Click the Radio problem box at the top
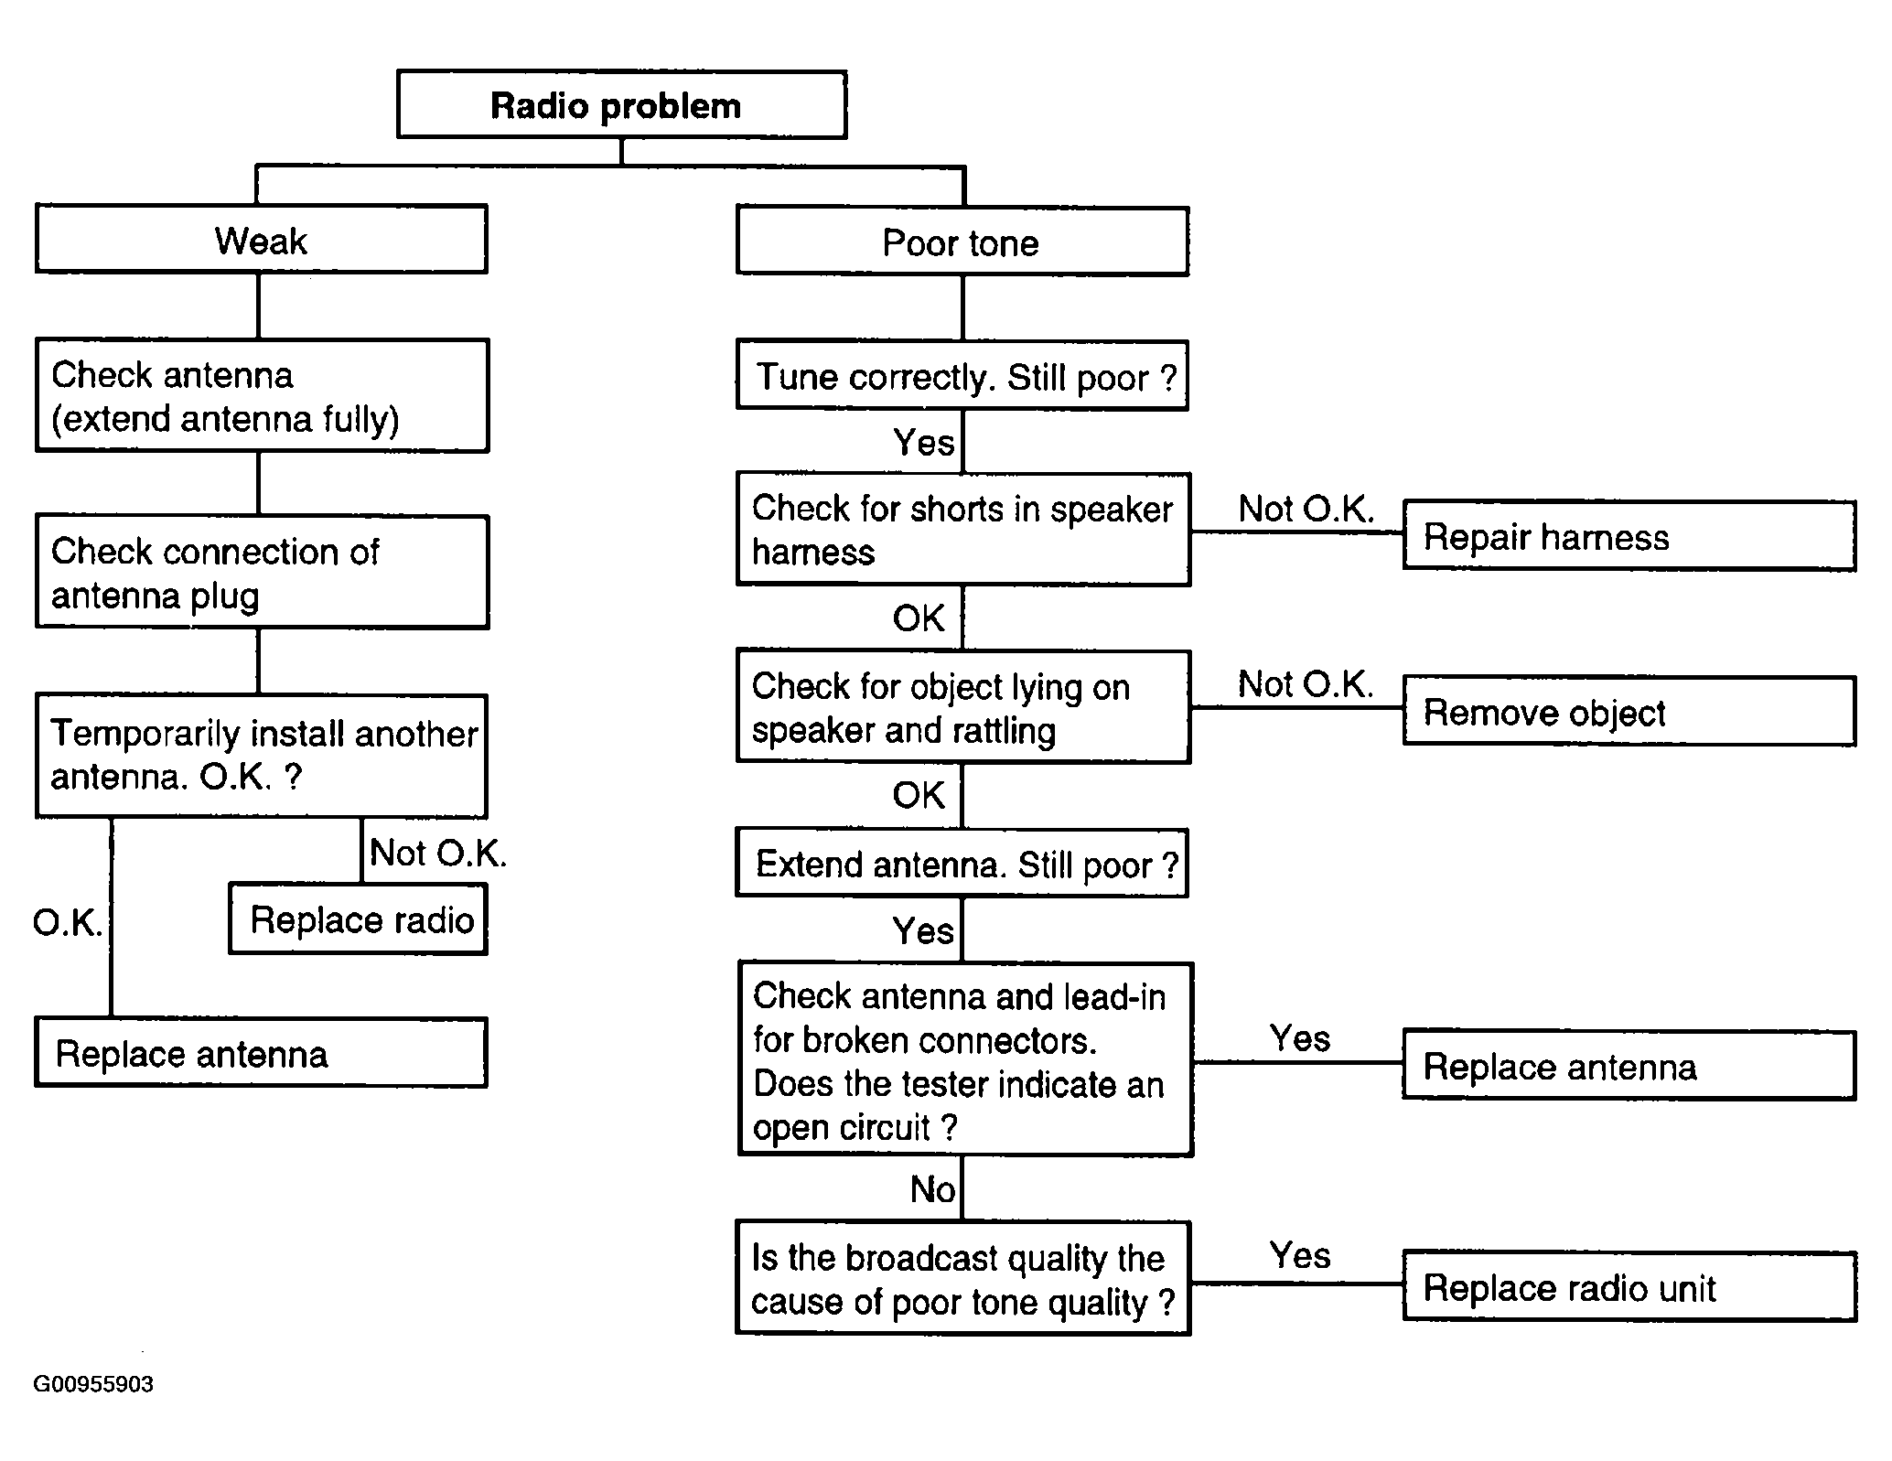click(621, 104)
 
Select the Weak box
click(261, 239)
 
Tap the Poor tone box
click(962, 242)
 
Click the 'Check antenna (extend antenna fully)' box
click(262, 395)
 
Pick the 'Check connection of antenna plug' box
click(262, 572)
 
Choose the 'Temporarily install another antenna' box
click(261, 756)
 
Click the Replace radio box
click(358, 918)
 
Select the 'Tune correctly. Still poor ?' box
click(962, 375)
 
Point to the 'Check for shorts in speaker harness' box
click(963, 529)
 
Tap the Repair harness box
click(1629, 535)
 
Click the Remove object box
click(1629, 711)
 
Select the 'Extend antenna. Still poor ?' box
click(962, 863)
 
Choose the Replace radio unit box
click(1629, 1286)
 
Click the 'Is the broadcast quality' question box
click(963, 1278)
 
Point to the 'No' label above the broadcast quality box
click(932, 1189)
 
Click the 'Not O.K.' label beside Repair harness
click(1306, 509)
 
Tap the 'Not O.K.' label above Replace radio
click(437, 853)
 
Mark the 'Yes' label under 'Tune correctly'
click(923, 443)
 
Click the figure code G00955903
click(93, 1384)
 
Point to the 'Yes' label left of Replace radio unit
click(1300, 1255)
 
